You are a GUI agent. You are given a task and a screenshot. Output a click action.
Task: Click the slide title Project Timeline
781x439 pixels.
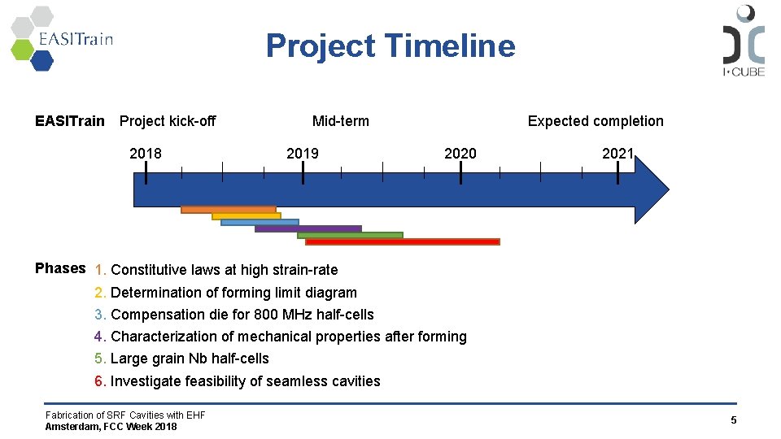pos(390,46)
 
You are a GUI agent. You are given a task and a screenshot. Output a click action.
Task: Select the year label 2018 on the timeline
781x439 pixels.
pos(146,154)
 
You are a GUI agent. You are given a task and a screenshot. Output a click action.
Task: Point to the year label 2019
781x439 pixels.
pos(303,154)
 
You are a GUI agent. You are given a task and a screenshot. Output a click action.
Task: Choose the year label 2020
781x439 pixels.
pos(460,154)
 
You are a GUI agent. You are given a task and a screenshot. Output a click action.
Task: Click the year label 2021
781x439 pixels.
pos(617,154)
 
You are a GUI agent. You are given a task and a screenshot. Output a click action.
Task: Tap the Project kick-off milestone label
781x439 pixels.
pos(168,121)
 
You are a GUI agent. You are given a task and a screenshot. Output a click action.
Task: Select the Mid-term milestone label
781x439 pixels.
pos(340,121)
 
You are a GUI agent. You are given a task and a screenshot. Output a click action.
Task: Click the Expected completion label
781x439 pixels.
pos(596,121)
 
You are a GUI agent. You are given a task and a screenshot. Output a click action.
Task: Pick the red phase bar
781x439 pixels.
pos(402,241)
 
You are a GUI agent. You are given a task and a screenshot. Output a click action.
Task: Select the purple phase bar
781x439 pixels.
pos(308,229)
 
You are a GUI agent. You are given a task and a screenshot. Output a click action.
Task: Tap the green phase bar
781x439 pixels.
pos(350,235)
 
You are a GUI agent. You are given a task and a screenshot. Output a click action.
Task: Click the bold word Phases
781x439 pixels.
pos(60,268)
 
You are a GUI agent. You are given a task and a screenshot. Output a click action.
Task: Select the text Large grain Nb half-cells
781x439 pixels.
pos(190,359)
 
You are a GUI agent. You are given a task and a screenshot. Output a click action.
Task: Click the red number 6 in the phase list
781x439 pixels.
pos(98,381)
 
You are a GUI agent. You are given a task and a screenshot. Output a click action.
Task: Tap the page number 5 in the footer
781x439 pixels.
pos(733,420)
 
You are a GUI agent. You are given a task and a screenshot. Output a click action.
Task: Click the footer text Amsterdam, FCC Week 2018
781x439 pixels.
pos(111,427)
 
